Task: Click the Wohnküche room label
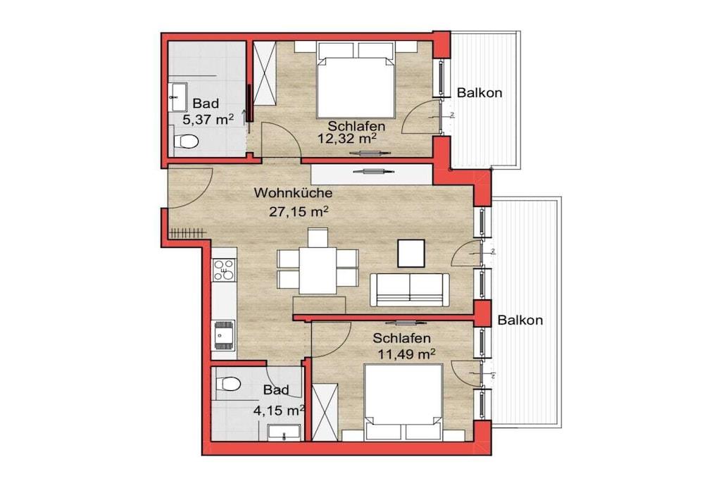(293, 192)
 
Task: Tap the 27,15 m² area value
(299, 211)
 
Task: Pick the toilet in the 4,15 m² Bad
(228, 383)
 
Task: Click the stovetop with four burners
(223, 270)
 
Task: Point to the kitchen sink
(223, 335)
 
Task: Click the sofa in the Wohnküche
(410, 289)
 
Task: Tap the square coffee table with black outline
(411, 254)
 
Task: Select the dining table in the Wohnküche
(318, 270)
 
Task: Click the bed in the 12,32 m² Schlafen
(356, 80)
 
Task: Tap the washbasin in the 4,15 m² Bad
(284, 432)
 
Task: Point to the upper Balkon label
(479, 93)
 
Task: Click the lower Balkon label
(520, 320)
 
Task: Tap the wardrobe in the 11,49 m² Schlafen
(325, 411)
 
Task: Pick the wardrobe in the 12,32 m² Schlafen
(265, 73)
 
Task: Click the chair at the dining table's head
(318, 237)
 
